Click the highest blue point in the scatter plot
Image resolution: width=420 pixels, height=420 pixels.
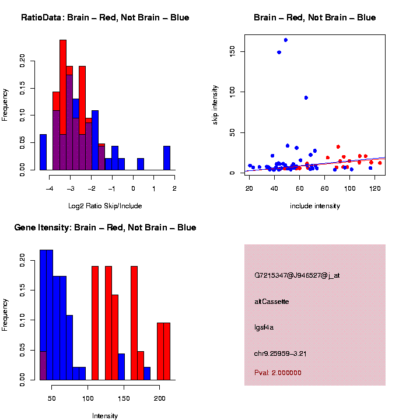click(285, 40)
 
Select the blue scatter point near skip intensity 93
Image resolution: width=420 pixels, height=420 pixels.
click(306, 97)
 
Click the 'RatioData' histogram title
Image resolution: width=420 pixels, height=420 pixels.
click(105, 17)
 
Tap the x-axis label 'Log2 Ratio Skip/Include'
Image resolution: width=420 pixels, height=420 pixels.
click(105, 205)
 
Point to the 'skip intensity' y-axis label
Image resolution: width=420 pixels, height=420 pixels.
click(215, 104)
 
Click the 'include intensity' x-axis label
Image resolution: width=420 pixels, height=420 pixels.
click(315, 206)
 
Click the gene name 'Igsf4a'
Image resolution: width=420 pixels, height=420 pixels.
click(264, 327)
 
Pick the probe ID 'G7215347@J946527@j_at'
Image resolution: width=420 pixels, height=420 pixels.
click(297, 275)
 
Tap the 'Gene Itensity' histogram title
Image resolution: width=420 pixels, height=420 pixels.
click(105, 228)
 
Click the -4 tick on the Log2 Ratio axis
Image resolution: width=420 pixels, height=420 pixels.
click(50, 188)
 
